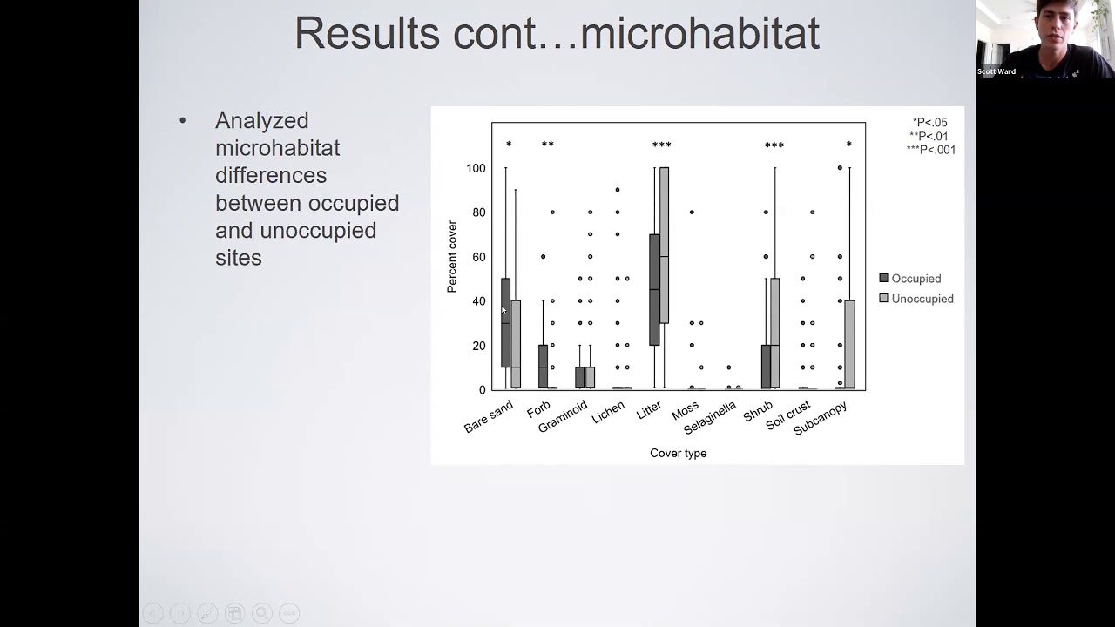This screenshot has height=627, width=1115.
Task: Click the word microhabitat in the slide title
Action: coord(699,33)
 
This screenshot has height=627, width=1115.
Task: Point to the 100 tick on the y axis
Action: coord(475,168)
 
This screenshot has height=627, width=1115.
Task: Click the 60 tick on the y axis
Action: coord(478,257)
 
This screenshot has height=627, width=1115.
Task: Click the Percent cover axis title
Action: coord(452,256)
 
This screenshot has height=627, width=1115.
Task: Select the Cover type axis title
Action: coord(678,453)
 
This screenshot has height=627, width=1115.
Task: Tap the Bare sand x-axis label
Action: coord(489,417)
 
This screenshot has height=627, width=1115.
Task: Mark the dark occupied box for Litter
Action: coord(654,289)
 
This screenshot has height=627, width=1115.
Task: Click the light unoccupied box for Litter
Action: coord(664,245)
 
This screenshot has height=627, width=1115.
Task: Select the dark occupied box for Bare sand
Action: coord(505,322)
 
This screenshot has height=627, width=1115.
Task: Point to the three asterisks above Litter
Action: coord(661,145)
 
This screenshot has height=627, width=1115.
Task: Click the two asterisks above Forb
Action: coord(547,145)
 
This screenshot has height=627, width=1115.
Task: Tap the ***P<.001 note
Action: coord(930,150)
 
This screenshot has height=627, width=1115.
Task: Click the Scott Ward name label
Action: coord(996,71)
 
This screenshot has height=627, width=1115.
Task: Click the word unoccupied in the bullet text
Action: coord(318,231)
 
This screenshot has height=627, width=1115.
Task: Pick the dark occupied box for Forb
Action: coord(543,366)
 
